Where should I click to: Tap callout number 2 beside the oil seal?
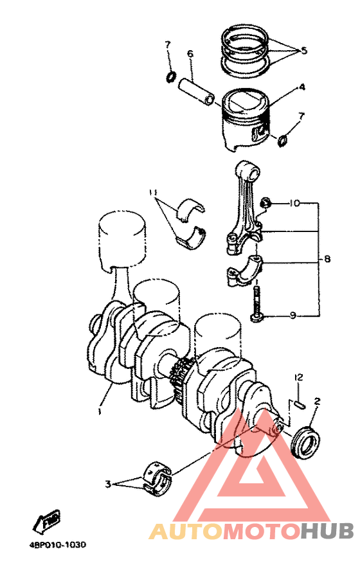(x=317, y=402)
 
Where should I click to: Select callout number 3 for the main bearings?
(x=109, y=483)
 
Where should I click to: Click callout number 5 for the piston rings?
(x=304, y=49)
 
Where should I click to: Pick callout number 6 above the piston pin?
(x=190, y=54)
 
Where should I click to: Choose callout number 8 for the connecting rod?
(x=327, y=260)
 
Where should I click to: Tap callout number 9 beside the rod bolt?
(x=292, y=316)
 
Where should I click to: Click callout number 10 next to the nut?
(x=294, y=203)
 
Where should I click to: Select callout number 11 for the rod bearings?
(x=153, y=192)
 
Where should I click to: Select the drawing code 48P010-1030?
(x=57, y=544)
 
